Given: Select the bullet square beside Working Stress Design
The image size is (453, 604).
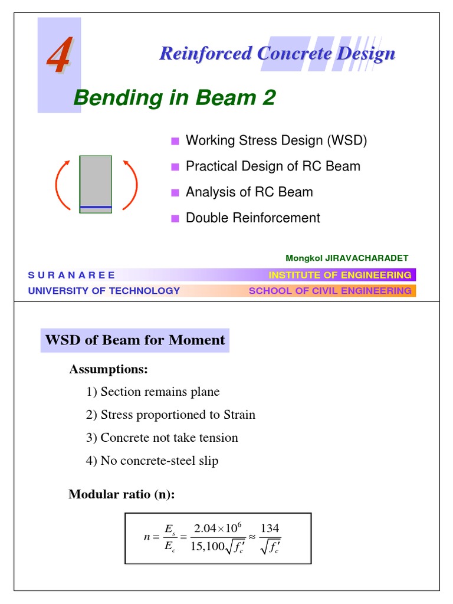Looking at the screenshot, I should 175,141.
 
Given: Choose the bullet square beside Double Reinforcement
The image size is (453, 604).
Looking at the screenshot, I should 175,218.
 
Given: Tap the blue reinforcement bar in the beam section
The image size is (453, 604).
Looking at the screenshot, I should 96,207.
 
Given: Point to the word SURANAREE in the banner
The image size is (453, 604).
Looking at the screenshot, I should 71,275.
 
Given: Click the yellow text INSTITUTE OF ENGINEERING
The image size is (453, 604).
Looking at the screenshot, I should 340,275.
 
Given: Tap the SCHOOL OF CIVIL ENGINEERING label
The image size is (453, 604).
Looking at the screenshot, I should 330,291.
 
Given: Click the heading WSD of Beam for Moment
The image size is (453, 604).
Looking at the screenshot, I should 135,340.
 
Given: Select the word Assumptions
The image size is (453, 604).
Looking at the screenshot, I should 109,370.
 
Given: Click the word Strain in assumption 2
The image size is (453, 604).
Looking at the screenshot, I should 238,415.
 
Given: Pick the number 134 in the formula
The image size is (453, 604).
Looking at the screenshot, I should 270,527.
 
